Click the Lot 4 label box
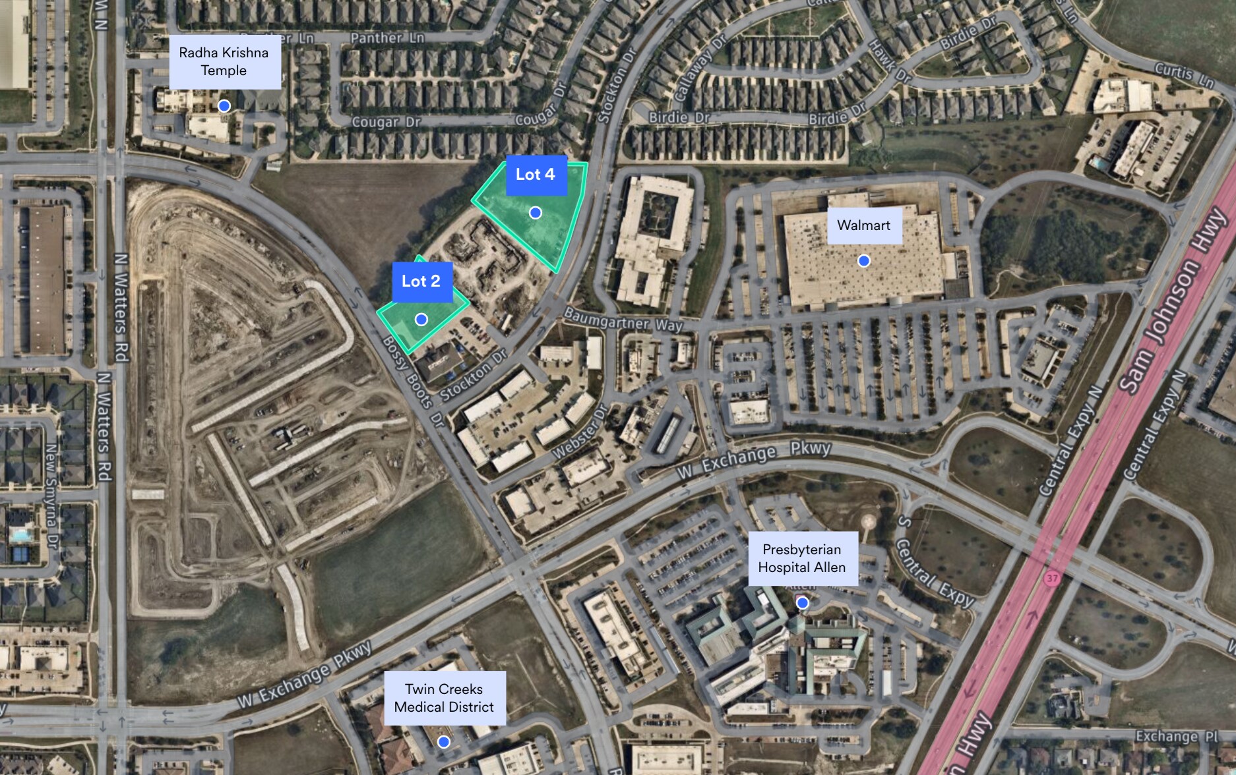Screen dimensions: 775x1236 (536, 175)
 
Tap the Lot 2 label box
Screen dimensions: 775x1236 (421, 281)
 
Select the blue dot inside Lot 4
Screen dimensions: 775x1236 (536, 212)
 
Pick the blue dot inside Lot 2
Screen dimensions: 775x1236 (421, 320)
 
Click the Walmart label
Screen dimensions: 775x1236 (864, 225)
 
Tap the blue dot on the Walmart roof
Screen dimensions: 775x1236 (863, 261)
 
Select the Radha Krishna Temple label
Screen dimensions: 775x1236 (224, 62)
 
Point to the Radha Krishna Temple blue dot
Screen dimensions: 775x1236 (224, 105)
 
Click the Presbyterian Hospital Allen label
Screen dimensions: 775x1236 (802, 558)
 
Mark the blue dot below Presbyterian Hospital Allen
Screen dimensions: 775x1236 (803, 602)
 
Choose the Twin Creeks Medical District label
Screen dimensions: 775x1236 (445, 698)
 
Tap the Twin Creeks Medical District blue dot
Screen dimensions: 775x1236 (444, 742)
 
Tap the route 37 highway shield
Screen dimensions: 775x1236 (1051, 578)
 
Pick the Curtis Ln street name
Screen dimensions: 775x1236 (1184, 75)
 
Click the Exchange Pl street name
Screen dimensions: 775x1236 (1176, 737)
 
